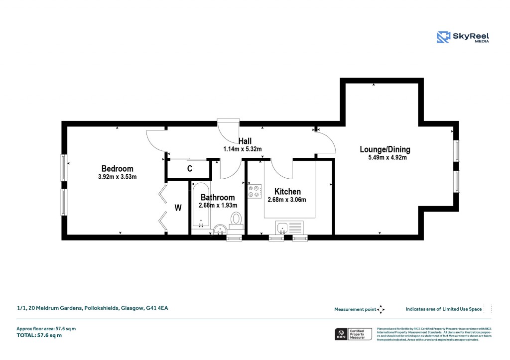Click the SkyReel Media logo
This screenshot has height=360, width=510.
[463, 37]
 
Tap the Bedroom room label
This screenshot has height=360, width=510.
[117, 168]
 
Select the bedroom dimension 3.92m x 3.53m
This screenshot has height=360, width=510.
[117, 177]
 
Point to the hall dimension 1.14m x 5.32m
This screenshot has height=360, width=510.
[242, 149]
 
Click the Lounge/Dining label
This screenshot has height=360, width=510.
[385, 149]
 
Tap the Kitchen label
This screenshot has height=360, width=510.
[287, 191]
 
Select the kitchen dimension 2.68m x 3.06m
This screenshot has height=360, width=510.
[286, 200]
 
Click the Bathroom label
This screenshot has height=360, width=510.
[218, 197]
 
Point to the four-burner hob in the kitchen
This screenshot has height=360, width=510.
[254, 191]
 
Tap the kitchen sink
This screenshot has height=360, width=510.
[282, 228]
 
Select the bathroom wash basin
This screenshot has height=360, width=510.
[220, 230]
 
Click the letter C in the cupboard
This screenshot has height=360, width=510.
[190, 169]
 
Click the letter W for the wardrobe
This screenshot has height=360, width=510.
[178, 207]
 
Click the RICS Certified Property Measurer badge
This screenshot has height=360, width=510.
[353, 334]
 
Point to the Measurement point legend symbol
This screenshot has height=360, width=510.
[381, 309]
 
